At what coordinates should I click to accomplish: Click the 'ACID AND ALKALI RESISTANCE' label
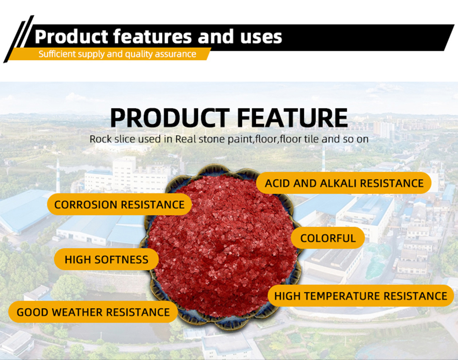[344, 183]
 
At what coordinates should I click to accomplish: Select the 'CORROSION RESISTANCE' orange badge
[119, 205]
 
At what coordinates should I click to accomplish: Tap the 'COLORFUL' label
[328, 238]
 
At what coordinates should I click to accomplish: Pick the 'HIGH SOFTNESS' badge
[106, 259]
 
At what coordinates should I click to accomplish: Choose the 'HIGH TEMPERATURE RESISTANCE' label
[361, 296]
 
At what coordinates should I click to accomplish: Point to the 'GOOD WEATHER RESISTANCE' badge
[93, 312]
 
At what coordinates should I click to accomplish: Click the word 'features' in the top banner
[152, 36]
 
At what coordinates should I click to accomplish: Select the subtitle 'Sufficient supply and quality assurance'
[118, 54]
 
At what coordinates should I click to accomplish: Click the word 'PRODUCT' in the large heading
[170, 118]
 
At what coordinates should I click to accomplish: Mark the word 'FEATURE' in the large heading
[293, 118]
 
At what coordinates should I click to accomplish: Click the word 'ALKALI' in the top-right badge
[339, 183]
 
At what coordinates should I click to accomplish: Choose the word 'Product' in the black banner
[71, 37]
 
